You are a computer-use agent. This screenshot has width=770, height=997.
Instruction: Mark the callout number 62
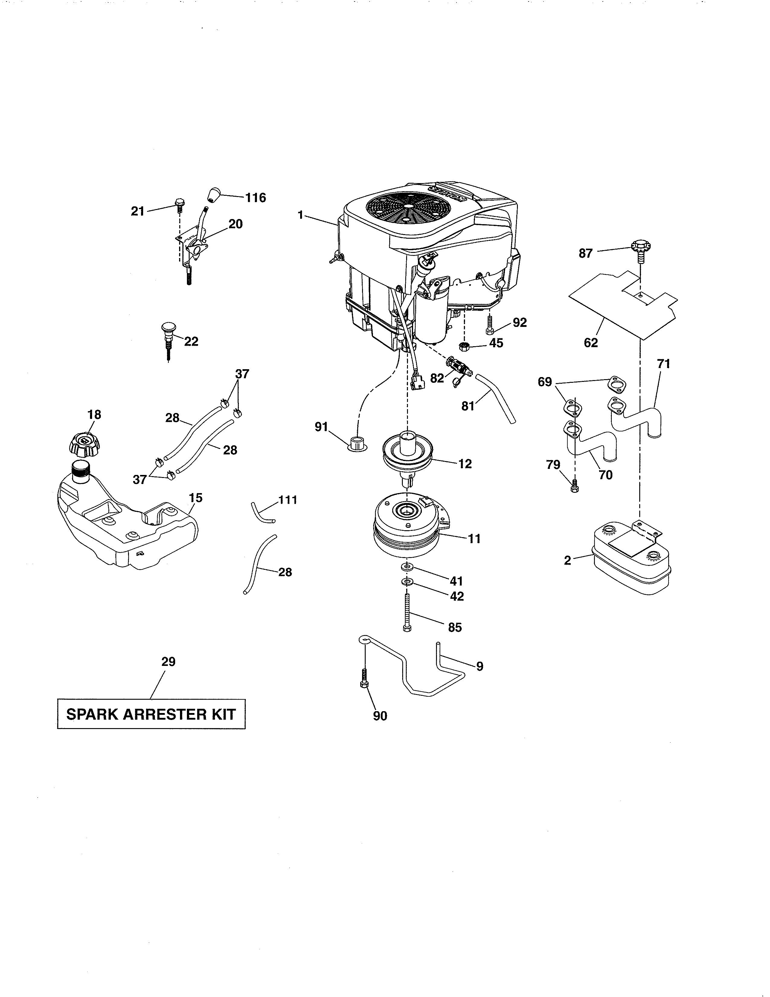click(x=591, y=343)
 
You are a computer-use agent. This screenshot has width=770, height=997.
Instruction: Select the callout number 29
click(x=168, y=661)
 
